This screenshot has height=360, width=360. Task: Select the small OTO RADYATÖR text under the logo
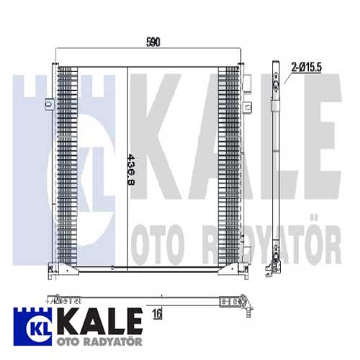[x=81, y=338]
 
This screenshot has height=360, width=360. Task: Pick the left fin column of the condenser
[x=66, y=166]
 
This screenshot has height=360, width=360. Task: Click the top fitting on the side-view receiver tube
[x=274, y=83]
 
